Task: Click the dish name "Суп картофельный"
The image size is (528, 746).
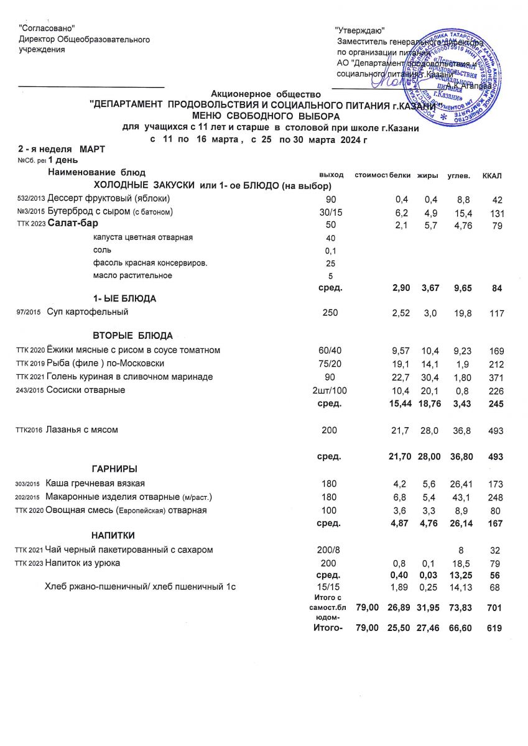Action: [x=88, y=313]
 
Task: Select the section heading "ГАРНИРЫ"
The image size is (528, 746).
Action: [x=114, y=468]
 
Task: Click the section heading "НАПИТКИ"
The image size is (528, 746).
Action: [x=113, y=535]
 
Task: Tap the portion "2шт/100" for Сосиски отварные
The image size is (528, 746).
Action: [x=327, y=390]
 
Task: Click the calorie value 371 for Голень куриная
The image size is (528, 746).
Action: [x=495, y=377]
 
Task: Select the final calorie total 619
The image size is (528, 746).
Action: [x=495, y=629]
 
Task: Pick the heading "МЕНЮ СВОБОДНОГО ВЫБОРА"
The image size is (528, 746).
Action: [x=266, y=116]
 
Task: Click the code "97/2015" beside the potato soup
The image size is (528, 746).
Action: [x=28, y=313]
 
